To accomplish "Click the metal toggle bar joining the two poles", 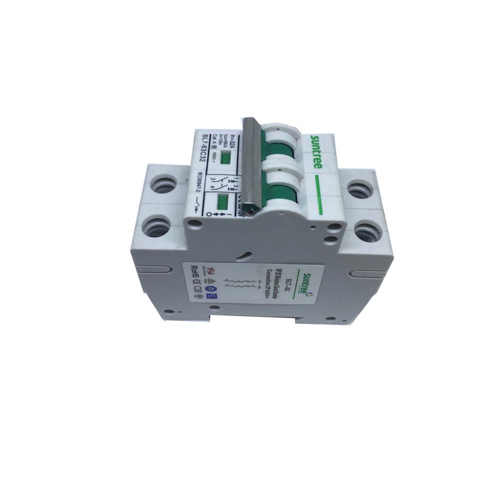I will [x=250, y=166].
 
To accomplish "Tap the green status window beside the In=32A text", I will [x=225, y=158].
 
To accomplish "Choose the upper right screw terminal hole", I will [x=360, y=189].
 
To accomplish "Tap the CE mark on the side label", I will [x=195, y=292].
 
